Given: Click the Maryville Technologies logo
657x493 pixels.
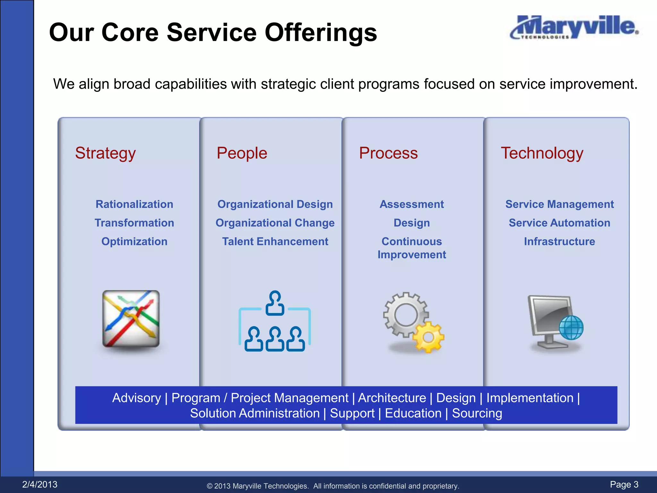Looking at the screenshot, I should point(574,28).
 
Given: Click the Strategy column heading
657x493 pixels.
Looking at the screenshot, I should point(105,153).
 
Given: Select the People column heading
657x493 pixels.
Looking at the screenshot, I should point(242,153).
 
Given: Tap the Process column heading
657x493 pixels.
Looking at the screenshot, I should point(388,153).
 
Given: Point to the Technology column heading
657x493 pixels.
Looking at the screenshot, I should point(542,153).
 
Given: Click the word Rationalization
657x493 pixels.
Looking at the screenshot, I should point(134,204).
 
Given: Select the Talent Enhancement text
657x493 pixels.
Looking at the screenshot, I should point(275,241).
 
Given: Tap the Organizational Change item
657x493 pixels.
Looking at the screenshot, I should point(275,223).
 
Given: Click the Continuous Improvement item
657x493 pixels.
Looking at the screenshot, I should point(412,248).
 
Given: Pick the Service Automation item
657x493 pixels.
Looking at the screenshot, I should point(559,223).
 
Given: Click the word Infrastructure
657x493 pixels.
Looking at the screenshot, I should point(559,241).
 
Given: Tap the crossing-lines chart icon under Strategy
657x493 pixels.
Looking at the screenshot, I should point(131,319).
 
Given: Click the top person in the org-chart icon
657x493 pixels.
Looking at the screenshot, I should point(275,302).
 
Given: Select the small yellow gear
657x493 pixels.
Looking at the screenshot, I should point(428,337).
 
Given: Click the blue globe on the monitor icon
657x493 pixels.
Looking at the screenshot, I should point(571,327).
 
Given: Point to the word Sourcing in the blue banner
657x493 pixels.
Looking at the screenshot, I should point(477,413).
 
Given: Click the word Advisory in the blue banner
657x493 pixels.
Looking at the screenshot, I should point(136,398).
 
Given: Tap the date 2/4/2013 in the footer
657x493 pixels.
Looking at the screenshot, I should point(40,484).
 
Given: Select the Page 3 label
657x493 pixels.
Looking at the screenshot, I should point(624,484).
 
